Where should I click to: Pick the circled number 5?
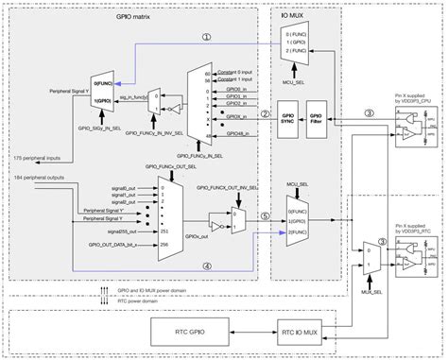267,215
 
